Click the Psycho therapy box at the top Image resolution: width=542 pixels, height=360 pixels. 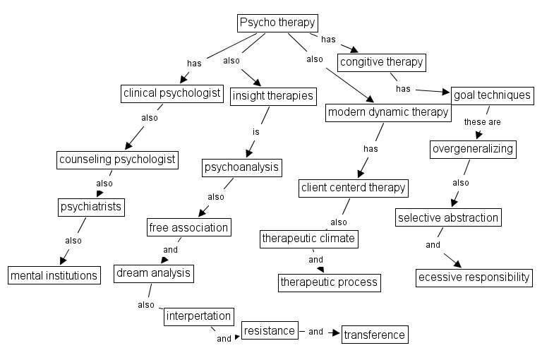[x=276, y=23]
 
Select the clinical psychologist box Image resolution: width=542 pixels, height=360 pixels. [x=172, y=93]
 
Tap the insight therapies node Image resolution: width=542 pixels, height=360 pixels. [x=272, y=96]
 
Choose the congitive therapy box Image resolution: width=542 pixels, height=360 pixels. [x=382, y=62]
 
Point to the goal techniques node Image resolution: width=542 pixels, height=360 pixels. [x=491, y=95]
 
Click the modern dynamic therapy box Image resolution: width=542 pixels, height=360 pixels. [x=388, y=112]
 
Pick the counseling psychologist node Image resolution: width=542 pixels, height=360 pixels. [x=116, y=159]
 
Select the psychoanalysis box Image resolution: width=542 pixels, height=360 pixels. [x=242, y=167]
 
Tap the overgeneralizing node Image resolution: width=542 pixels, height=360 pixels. [x=473, y=149]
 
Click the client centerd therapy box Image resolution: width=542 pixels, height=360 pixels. [x=354, y=187]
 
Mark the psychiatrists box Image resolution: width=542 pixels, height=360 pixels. [x=91, y=207]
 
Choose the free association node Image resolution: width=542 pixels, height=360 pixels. [x=188, y=227]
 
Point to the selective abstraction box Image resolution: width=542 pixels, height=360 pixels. [x=448, y=217]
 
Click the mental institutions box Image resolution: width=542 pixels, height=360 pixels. [x=54, y=275]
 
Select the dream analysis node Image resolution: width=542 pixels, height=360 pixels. [x=153, y=273]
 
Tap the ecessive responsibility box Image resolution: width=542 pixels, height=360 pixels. [x=474, y=277]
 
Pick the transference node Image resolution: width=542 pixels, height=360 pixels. [x=375, y=335]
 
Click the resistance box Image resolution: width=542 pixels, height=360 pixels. [x=268, y=330]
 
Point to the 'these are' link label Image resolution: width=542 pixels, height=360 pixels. [x=482, y=121]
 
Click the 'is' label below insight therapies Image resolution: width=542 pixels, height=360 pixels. [x=257, y=131]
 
